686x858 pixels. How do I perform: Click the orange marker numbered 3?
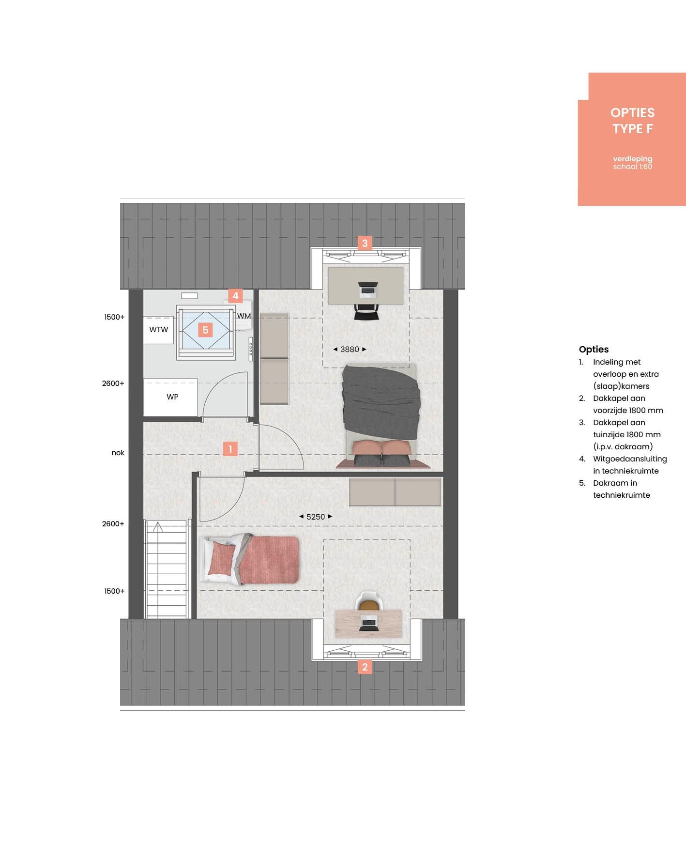(x=365, y=243)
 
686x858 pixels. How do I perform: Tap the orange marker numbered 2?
(x=365, y=667)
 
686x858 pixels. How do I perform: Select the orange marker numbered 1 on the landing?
(x=230, y=449)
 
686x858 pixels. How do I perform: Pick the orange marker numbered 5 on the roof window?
(x=205, y=330)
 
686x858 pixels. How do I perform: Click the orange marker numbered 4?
(x=235, y=295)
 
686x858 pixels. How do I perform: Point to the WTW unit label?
(x=158, y=330)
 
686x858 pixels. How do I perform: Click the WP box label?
(x=172, y=397)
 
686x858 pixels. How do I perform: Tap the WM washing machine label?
(x=244, y=316)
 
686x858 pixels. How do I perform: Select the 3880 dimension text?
(x=350, y=349)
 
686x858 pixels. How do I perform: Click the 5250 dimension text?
(x=316, y=517)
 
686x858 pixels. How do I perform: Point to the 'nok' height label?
(x=118, y=453)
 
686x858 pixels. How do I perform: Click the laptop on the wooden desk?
(x=369, y=624)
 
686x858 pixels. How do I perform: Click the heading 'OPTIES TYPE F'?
(x=632, y=121)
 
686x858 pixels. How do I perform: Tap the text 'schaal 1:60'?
(x=632, y=167)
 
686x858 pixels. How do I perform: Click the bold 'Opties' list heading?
(x=594, y=349)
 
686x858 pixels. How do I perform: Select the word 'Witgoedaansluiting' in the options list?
(x=630, y=459)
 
